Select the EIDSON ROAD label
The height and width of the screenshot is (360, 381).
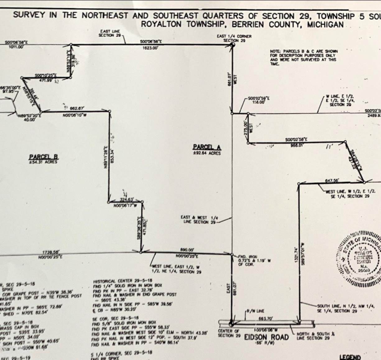266,337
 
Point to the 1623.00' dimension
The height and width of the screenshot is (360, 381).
151,48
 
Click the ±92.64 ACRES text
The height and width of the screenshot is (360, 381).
207,153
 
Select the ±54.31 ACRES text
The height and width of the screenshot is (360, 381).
44,162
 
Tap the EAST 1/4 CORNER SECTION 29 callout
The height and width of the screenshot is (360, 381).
234,38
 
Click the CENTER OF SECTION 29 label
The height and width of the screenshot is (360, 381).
229,333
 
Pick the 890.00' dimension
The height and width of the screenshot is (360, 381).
187,249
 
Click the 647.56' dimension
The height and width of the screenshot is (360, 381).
332,180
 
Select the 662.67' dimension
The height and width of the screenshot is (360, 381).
77,108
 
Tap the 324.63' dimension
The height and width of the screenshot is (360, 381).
127,200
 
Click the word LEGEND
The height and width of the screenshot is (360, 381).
350,357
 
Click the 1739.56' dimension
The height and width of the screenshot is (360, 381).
51,252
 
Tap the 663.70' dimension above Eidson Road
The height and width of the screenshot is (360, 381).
266,318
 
